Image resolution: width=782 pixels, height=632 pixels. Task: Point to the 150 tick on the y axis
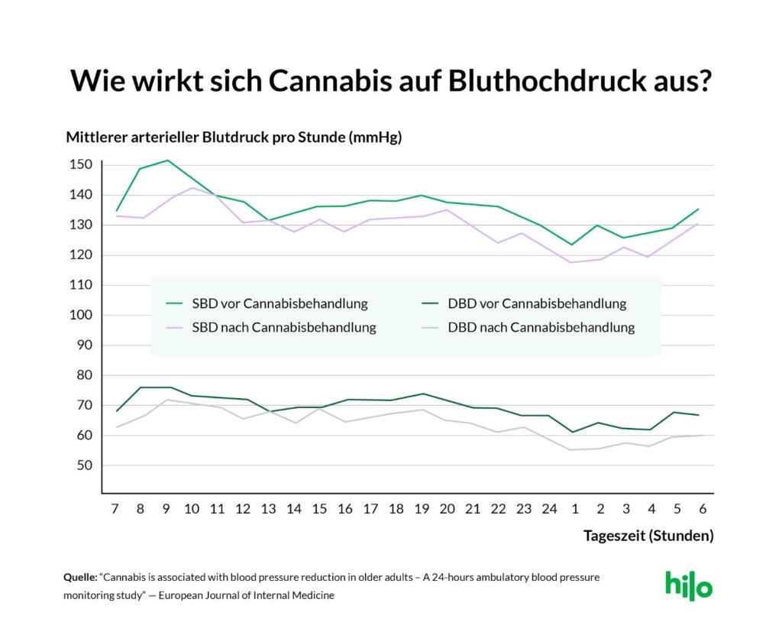tap(82, 165)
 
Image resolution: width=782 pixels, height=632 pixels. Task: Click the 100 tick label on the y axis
tap(82, 315)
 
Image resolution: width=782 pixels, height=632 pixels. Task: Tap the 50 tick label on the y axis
tap(85, 465)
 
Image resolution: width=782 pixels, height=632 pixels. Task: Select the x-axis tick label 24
tap(550, 508)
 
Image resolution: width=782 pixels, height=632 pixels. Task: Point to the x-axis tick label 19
tap(421, 508)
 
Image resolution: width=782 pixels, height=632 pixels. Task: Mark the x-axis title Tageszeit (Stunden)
tap(648, 536)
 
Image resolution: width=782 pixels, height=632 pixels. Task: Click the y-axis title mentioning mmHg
tap(234, 138)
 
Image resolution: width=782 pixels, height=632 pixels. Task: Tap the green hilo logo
tap(688, 585)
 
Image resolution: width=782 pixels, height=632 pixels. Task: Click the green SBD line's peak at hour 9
tap(167, 160)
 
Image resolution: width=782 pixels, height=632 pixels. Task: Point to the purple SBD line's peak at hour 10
tap(192, 187)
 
